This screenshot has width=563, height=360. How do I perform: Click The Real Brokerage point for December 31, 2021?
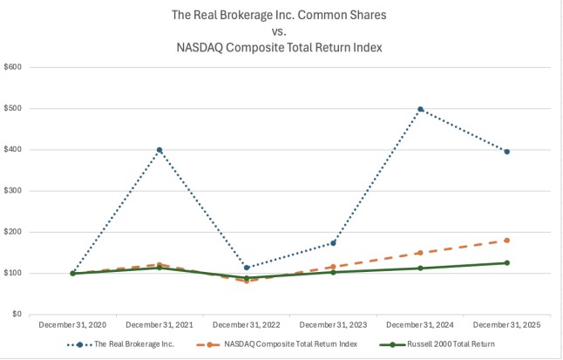click(x=159, y=150)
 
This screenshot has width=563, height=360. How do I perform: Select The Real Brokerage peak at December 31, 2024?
click(x=420, y=109)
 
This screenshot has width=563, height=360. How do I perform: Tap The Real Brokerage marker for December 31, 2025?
click(x=506, y=152)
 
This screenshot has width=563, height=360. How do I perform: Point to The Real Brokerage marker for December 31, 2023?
click(x=333, y=242)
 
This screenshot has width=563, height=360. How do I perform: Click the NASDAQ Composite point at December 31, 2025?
click(x=506, y=241)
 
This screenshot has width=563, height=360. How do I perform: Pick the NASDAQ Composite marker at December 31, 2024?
click(x=420, y=253)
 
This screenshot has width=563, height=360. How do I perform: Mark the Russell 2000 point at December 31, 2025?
click(x=506, y=262)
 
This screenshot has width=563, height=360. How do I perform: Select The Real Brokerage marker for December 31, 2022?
click(x=247, y=268)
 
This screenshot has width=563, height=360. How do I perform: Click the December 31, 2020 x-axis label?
click(x=72, y=325)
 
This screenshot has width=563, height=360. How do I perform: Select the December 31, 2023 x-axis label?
click(x=333, y=325)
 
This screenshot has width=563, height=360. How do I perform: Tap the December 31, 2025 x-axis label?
click(x=506, y=325)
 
